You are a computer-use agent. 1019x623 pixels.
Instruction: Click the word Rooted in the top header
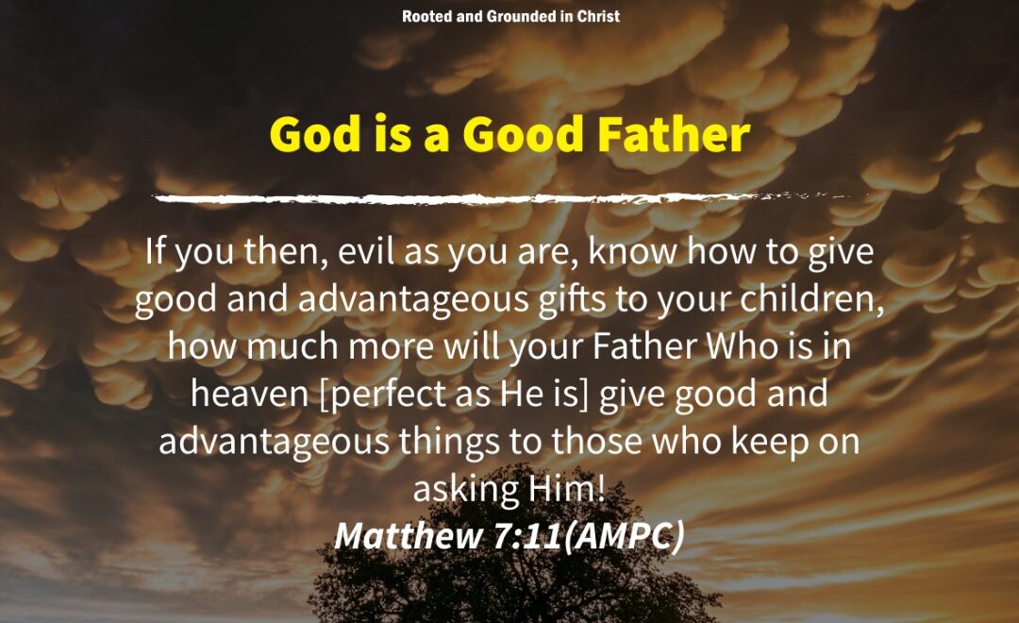click(427, 16)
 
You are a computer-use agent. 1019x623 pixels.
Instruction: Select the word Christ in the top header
click(598, 16)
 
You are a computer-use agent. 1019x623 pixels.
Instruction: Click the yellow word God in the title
click(314, 134)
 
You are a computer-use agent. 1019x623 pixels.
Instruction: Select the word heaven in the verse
click(249, 394)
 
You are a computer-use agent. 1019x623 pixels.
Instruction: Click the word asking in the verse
click(465, 489)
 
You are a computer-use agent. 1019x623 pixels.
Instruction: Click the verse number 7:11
click(527, 536)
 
